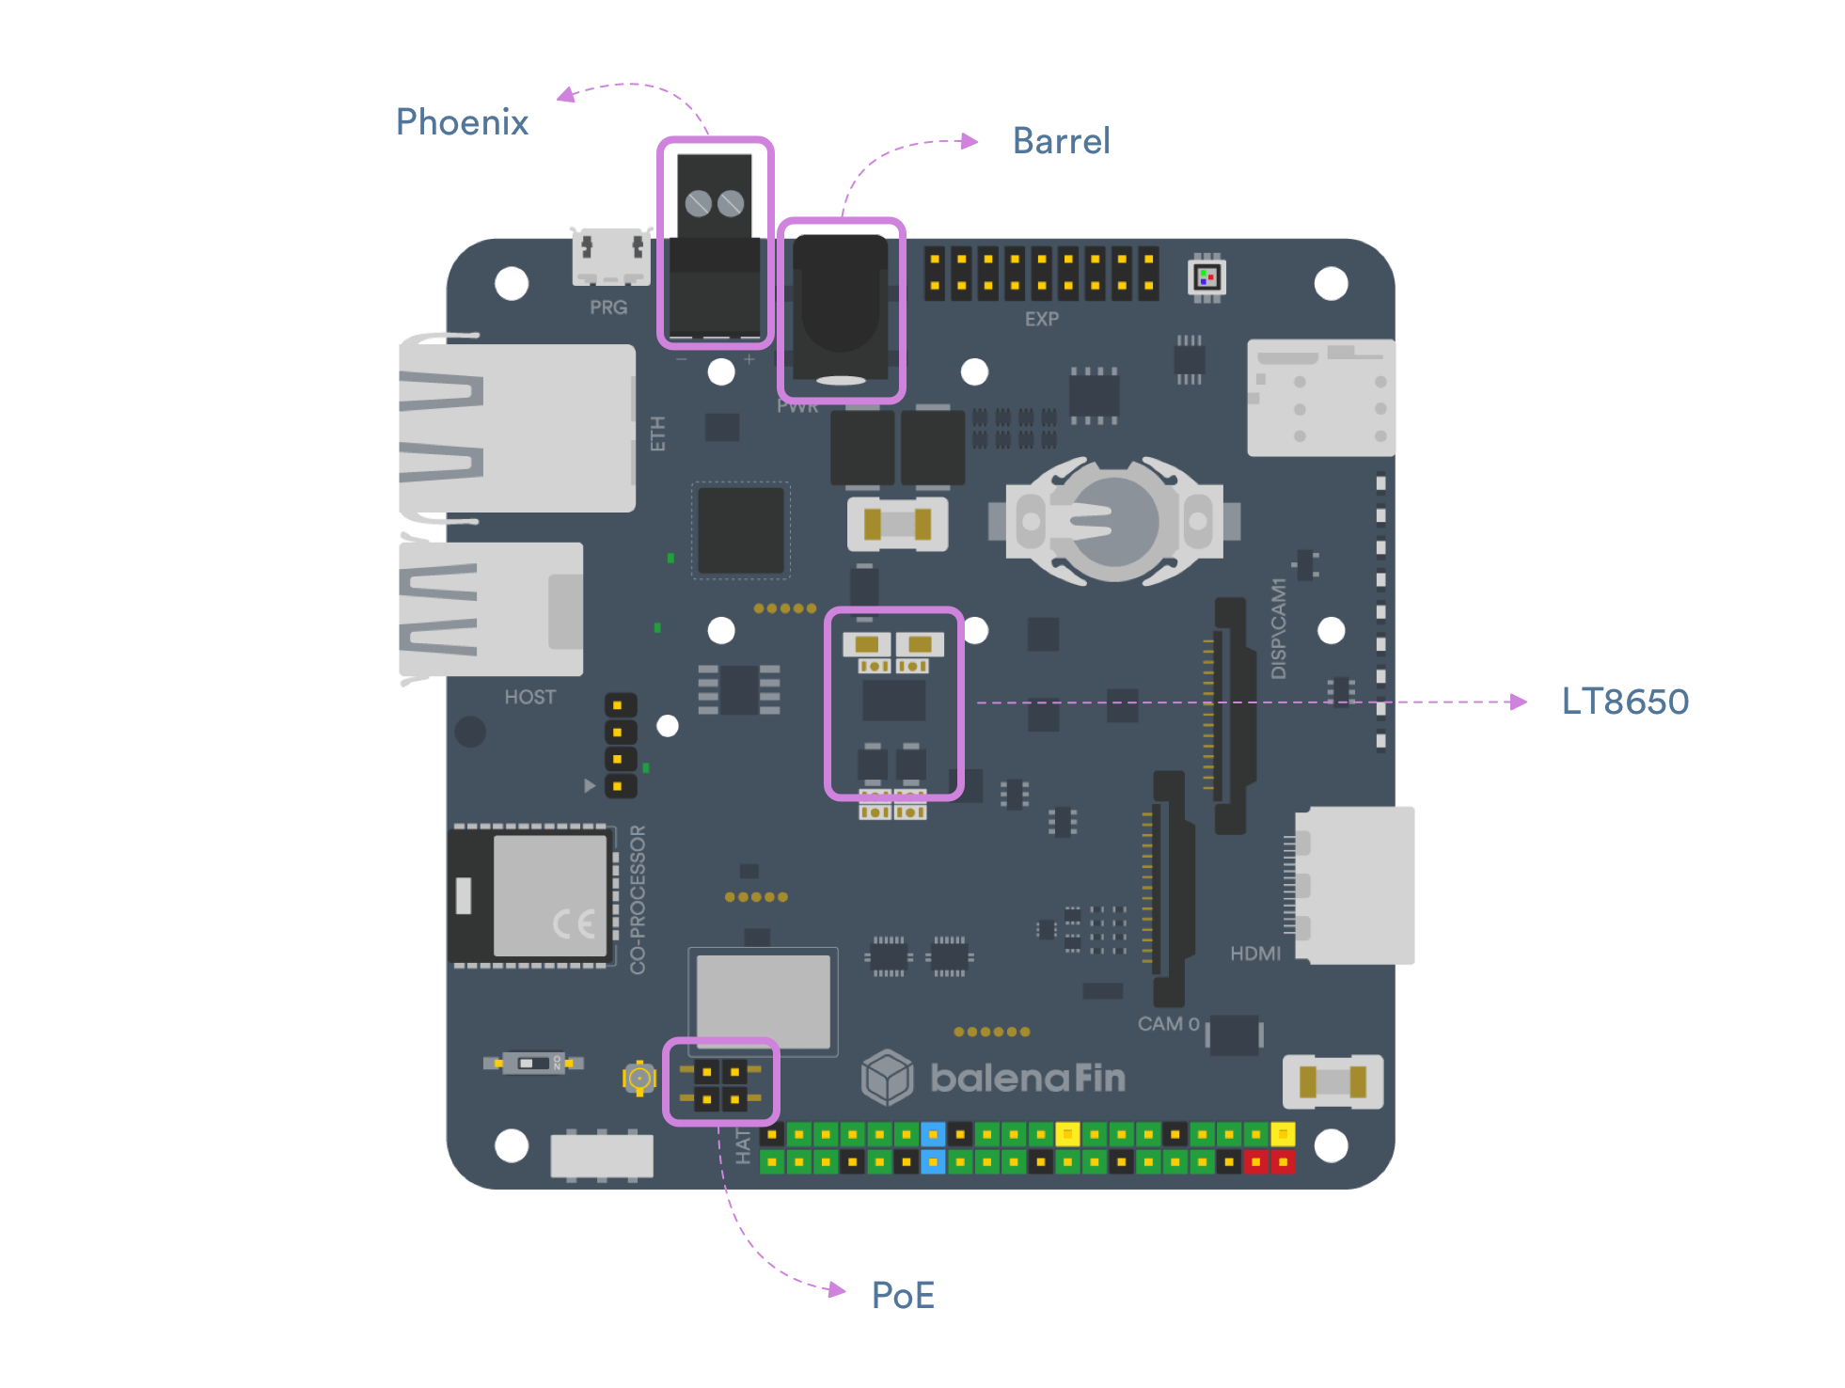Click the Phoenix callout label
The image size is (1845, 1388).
[x=462, y=122]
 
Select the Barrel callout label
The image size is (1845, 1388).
[x=1061, y=141]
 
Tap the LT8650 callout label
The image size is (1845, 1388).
[x=1625, y=702]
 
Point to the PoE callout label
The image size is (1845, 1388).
[x=903, y=1295]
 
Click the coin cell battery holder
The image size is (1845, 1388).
[x=1114, y=520]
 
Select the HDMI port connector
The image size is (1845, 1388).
[x=1354, y=885]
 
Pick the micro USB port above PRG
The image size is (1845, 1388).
[x=611, y=255]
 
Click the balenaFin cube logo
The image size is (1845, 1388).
[x=887, y=1077]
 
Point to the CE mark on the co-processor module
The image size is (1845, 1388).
[x=573, y=924]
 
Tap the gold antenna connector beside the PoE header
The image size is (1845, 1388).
[x=639, y=1078]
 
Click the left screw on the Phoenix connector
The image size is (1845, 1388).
[x=698, y=203]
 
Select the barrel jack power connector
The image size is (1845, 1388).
[x=841, y=310]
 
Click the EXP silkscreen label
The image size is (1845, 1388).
[x=1041, y=319]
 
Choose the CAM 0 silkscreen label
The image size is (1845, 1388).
[x=1168, y=1023]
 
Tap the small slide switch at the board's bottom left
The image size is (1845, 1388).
[x=533, y=1064]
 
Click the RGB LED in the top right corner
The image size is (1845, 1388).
[x=1206, y=277]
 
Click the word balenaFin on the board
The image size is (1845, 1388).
[x=1027, y=1078]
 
